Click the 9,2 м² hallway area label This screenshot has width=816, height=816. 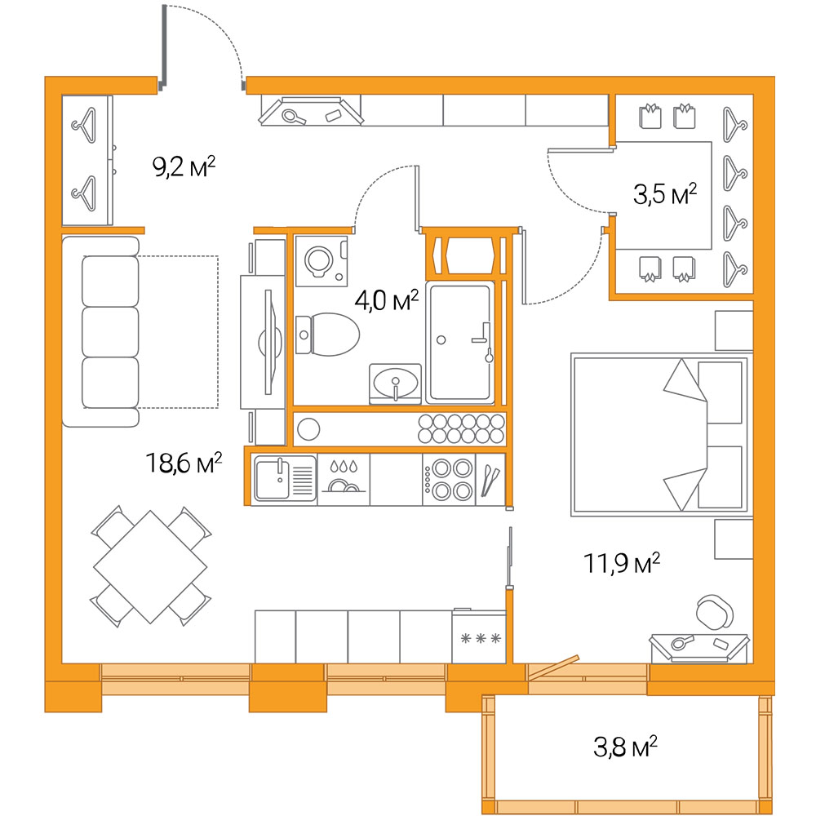pos(184,166)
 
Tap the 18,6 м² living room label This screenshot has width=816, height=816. pos(184,462)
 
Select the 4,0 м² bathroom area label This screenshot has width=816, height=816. pos(387,300)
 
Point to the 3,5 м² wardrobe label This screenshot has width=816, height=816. pos(665,194)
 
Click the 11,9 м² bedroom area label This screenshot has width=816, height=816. pos(622,563)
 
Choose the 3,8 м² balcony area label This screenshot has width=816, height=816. pos(625,747)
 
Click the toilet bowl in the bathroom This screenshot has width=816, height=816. pos(327,335)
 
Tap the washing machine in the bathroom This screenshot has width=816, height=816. pos(321,261)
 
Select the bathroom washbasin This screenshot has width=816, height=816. pos(395,384)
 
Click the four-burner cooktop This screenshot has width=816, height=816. pos(448,480)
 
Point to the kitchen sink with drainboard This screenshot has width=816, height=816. pos(285,479)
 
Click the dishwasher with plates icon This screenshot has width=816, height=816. pos(344,480)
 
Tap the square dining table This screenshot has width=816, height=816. pos(150,567)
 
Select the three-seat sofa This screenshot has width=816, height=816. pos(101,331)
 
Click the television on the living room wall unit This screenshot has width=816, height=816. pos(267,342)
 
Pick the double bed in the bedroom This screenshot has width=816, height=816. pos(659,435)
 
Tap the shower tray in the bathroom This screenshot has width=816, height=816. pos(460,342)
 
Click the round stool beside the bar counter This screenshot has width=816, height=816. pos(308,429)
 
